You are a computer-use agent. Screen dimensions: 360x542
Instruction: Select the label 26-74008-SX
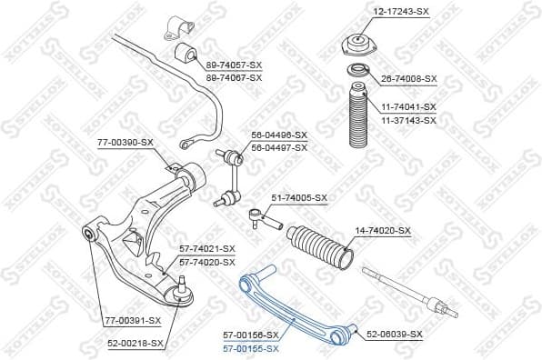click(408, 78)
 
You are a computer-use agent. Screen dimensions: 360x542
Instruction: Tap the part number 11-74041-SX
click(408, 106)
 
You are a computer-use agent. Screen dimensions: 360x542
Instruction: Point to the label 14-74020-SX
click(382, 231)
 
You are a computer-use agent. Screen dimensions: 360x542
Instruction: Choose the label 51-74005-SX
click(299, 197)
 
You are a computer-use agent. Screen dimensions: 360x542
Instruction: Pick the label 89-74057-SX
click(235, 66)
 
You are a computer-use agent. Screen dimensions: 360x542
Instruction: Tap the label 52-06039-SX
click(395, 335)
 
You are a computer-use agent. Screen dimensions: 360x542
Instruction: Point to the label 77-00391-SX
click(132, 320)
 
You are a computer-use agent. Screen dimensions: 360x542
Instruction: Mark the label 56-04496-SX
click(279, 135)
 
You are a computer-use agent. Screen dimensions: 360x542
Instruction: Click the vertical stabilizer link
click(233, 178)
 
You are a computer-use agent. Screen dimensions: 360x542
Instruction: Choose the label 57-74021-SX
click(206, 248)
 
